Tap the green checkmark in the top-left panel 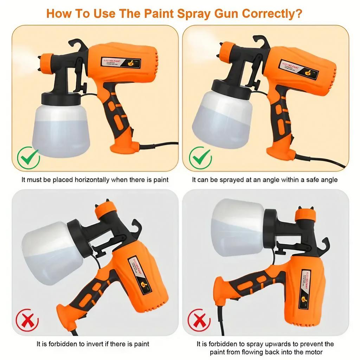click(28, 158)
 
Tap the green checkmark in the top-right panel click(200, 158)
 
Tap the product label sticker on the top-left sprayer click(121, 62)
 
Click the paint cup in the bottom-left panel click(53, 252)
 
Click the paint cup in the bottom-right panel click(238, 227)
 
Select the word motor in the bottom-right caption click(314, 352)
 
